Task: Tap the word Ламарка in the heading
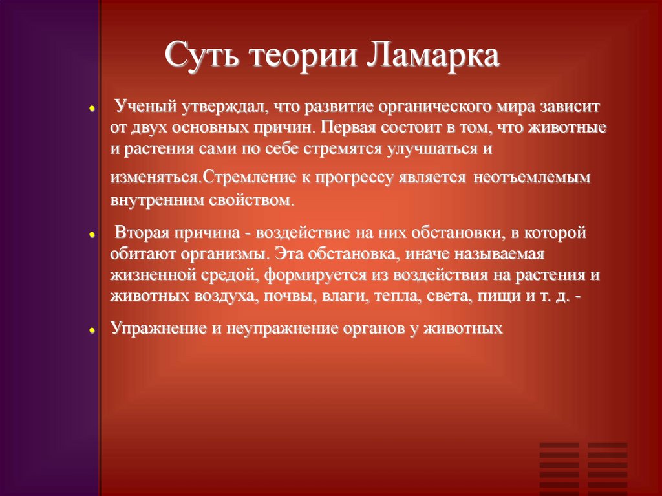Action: coord(434,56)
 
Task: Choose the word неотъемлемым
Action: coord(533,178)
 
